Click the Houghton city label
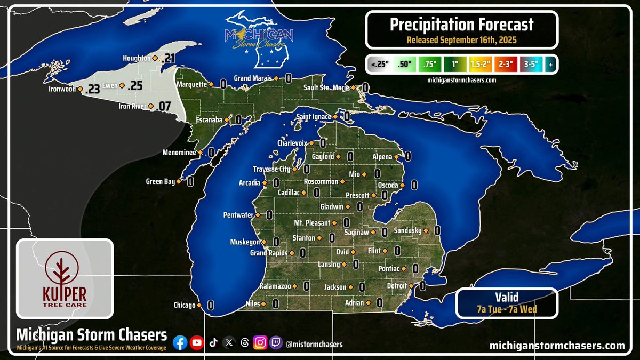click(137, 58)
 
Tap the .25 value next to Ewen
click(136, 85)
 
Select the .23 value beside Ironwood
click(92, 90)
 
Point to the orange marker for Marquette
click(211, 84)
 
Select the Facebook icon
click(180, 343)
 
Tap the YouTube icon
click(197, 343)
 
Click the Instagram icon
click(260, 343)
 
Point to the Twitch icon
click(276, 343)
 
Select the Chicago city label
click(184, 306)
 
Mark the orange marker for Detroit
click(411, 286)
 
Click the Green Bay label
click(161, 182)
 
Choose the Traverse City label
click(271, 169)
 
